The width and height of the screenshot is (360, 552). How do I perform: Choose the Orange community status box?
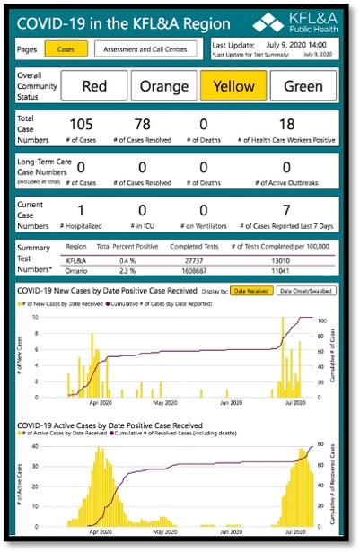pyautogui.click(x=169, y=86)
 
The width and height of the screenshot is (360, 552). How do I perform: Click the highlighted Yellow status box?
pyautogui.click(x=233, y=86)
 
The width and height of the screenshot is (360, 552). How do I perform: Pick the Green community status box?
pyautogui.click(x=303, y=86)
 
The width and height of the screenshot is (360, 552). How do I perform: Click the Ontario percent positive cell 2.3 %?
pyautogui.click(x=127, y=269)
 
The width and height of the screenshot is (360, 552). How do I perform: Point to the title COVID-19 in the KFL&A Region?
pyautogui.click(x=124, y=24)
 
